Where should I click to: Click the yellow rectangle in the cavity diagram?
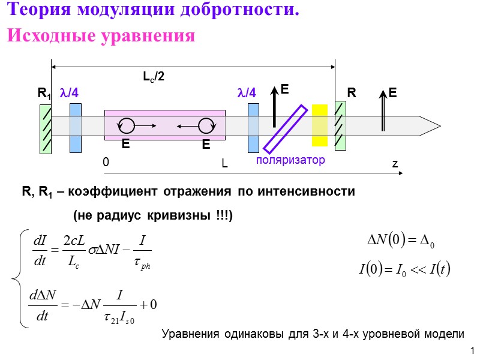point(320,125)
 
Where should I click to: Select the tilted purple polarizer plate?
point(286,129)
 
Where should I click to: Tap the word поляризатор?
point(290,161)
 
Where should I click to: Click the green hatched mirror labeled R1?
point(46,129)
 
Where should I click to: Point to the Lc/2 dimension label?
point(154,77)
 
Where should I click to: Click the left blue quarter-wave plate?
point(75,127)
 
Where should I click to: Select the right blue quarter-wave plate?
point(253,127)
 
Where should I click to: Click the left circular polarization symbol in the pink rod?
point(127,125)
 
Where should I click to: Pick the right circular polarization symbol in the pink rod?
point(206,125)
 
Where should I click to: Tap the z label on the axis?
point(395,164)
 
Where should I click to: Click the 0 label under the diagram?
point(106,162)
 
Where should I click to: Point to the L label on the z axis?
point(224,163)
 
